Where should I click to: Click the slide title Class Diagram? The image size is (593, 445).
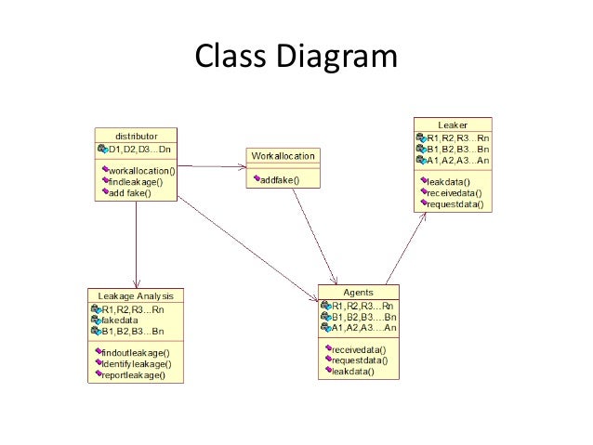[296, 57]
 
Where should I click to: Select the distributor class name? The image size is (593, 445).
[137, 136]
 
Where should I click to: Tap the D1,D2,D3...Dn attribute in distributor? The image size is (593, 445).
[138, 149]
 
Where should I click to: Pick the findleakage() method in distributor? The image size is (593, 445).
[140, 182]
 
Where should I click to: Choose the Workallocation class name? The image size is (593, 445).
[283, 155]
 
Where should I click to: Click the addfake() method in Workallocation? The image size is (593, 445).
[278, 179]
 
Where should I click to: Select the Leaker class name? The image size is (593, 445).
[453, 124]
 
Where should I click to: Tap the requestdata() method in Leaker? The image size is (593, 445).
[455, 203]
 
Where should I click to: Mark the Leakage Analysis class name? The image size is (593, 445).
[136, 296]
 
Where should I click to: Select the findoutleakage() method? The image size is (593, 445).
[138, 353]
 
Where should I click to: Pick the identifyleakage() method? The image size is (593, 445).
[138, 364]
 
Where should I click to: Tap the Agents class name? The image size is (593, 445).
[359, 292]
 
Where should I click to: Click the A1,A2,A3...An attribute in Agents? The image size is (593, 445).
[363, 327]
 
